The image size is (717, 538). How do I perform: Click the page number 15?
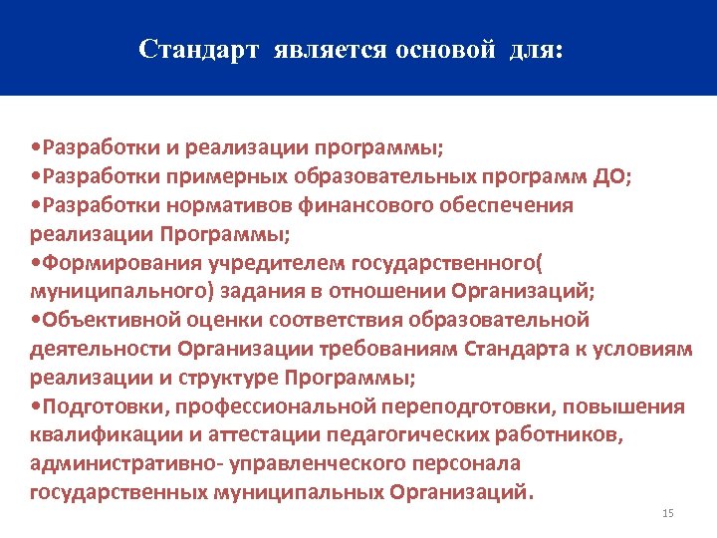(667, 513)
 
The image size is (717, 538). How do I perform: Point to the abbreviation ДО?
(605, 176)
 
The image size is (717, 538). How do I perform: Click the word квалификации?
(95, 435)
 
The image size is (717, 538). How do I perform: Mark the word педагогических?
(385, 435)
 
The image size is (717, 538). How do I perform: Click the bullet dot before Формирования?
(35, 264)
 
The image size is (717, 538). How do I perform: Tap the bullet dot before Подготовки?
(35, 407)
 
